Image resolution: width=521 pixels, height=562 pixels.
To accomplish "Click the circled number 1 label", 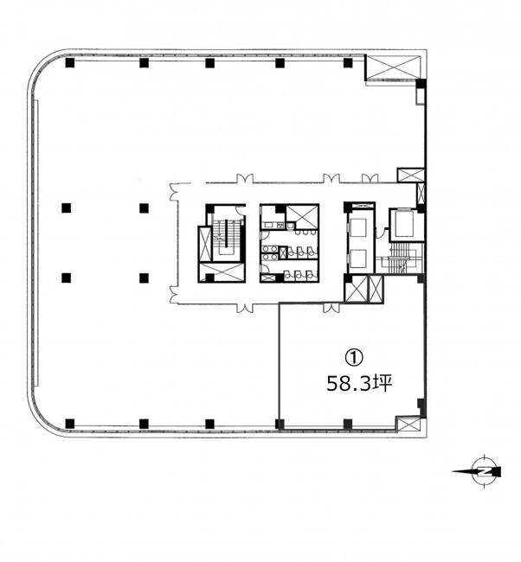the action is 353,357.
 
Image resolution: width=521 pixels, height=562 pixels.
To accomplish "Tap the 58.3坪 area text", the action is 359,384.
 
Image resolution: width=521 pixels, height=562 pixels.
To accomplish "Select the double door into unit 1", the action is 331,308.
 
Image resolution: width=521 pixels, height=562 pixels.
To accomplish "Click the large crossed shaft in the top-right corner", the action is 393,67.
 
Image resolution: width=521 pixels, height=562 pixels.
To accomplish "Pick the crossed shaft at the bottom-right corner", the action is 408,425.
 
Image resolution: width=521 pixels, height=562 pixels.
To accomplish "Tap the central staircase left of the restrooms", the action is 226,237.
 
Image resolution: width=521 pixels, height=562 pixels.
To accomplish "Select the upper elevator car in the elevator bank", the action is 358,227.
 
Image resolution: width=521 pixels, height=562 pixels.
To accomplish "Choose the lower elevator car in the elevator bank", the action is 358,259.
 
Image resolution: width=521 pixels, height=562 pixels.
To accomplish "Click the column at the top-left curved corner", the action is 70,63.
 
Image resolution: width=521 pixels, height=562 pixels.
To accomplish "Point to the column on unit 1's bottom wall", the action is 348,424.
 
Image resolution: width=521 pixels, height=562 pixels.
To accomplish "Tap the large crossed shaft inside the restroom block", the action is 303,215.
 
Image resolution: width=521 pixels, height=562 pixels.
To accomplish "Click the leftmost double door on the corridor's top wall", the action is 244,178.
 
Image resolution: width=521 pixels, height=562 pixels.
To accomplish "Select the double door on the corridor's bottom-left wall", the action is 174,295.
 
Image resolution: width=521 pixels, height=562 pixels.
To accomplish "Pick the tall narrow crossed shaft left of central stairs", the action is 205,244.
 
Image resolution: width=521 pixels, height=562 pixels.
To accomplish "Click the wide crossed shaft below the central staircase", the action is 222,272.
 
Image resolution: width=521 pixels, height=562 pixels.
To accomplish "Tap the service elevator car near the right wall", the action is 403,224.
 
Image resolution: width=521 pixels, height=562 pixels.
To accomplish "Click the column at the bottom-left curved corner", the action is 70,424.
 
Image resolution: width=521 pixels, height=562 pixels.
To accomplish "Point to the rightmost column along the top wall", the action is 348,63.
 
